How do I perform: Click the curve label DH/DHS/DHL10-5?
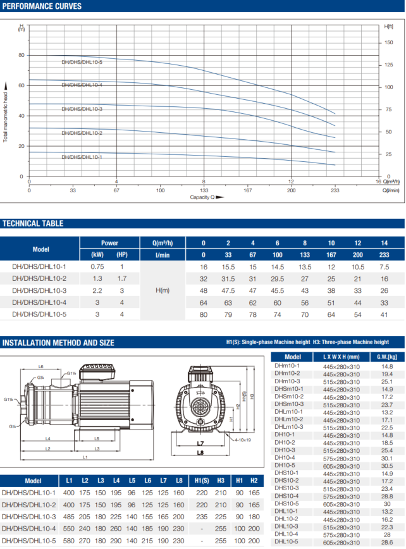(x=82, y=62)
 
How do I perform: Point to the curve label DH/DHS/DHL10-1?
(x=82, y=157)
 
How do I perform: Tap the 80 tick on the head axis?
(x=22, y=55)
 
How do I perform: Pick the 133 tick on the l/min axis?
(x=204, y=189)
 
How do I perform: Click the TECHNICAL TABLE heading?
(x=33, y=223)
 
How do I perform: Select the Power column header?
(x=109, y=243)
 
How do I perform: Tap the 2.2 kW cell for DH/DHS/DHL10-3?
(x=97, y=290)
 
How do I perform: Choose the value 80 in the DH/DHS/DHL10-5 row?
(x=204, y=314)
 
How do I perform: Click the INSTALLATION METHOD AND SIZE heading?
(x=58, y=343)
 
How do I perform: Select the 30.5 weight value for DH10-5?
(x=387, y=466)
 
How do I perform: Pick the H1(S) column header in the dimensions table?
(x=202, y=481)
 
